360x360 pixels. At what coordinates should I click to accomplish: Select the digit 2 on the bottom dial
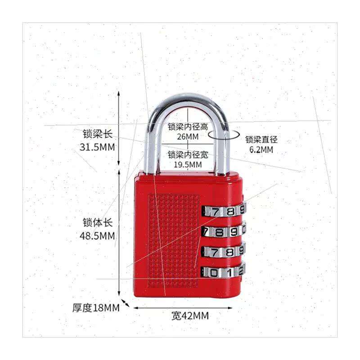(240, 270)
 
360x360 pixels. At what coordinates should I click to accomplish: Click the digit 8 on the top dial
(230, 210)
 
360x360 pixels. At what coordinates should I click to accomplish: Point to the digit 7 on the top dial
(217, 211)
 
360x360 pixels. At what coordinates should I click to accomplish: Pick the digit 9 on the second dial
(233, 231)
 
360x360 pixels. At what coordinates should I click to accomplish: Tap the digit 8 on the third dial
(228, 251)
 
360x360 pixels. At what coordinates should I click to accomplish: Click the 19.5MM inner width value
(188, 165)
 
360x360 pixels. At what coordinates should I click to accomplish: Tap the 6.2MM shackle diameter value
(261, 150)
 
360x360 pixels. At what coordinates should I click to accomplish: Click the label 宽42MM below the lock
(190, 315)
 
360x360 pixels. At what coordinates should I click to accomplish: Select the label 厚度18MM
(96, 308)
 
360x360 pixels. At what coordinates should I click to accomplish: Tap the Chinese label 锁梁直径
(261, 139)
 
